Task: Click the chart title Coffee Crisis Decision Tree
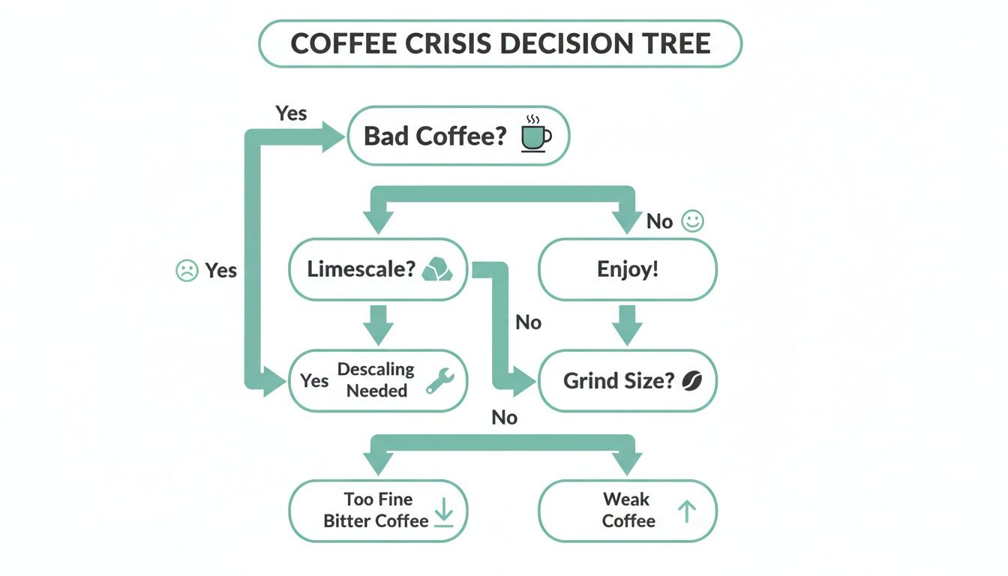pyautogui.click(x=500, y=43)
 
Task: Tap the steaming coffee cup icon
pyautogui.click(x=535, y=136)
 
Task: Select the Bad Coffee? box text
pyautogui.click(x=435, y=136)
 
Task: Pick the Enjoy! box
pyautogui.click(x=628, y=269)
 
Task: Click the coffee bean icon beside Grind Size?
pyautogui.click(x=691, y=381)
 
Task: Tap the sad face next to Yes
pyautogui.click(x=186, y=270)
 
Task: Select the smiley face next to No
pyautogui.click(x=692, y=221)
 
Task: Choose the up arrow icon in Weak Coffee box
pyautogui.click(x=686, y=511)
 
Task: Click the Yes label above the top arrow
pyautogui.click(x=291, y=113)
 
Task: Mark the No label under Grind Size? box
pyautogui.click(x=505, y=418)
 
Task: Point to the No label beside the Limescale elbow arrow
pyautogui.click(x=528, y=322)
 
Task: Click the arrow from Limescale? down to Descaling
pyautogui.click(x=378, y=324)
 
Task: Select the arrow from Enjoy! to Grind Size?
pyautogui.click(x=628, y=324)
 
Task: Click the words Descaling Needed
pyautogui.click(x=376, y=379)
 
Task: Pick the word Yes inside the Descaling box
pyautogui.click(x=314, y=381)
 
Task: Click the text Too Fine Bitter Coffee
pyautogui.click(x=376, y=510)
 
